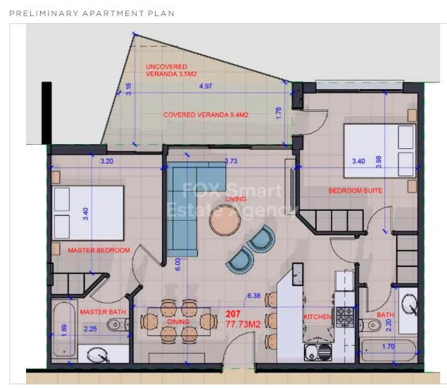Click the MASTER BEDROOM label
point(99,250)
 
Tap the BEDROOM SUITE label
point(355,190)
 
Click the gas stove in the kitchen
point(345,317)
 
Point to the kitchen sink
point(318,352)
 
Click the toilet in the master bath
point(118,324)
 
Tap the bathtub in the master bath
point(65,330)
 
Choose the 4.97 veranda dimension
point(206,86)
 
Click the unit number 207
point(233,314)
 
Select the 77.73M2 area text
point(243,324)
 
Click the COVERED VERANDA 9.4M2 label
point(206,115)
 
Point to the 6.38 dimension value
point(253,296)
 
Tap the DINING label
point(178,322)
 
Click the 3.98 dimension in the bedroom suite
point(379,162)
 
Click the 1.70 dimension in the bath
point(389,347)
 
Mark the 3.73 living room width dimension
point(231,161)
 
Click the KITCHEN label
point(317,317)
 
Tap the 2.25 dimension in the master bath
point(90,329)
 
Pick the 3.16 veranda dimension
point(129,89)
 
